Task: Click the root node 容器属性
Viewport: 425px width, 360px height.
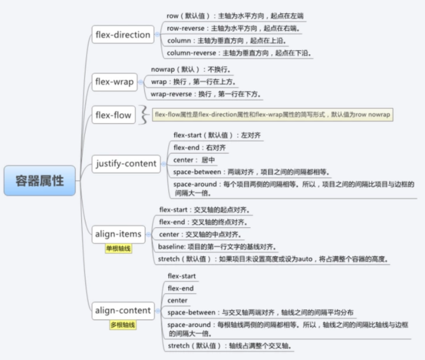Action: [40, 180]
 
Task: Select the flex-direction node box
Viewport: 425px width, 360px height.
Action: [123, 35]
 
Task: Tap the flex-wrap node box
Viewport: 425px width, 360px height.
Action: [115, 82]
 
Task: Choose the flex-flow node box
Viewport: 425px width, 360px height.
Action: [114, 115]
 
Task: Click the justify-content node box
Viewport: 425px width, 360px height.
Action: [126, 163]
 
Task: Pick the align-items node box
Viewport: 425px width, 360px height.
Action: [118, 234]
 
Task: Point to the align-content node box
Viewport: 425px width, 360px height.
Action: [123, 310]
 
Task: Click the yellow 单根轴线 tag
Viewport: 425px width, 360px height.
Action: [118, 249]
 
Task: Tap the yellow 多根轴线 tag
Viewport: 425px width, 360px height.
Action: [123, 325]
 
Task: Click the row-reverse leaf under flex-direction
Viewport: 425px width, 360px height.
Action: [233, 28]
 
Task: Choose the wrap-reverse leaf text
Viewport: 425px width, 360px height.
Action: [206, 94]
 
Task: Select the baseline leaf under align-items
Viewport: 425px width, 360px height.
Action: [225, 246]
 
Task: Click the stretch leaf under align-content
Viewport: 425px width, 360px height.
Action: [229, 346]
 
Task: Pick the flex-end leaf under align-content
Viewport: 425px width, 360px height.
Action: [181, 288]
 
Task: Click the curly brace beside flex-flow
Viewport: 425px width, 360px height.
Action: [143, 115]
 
